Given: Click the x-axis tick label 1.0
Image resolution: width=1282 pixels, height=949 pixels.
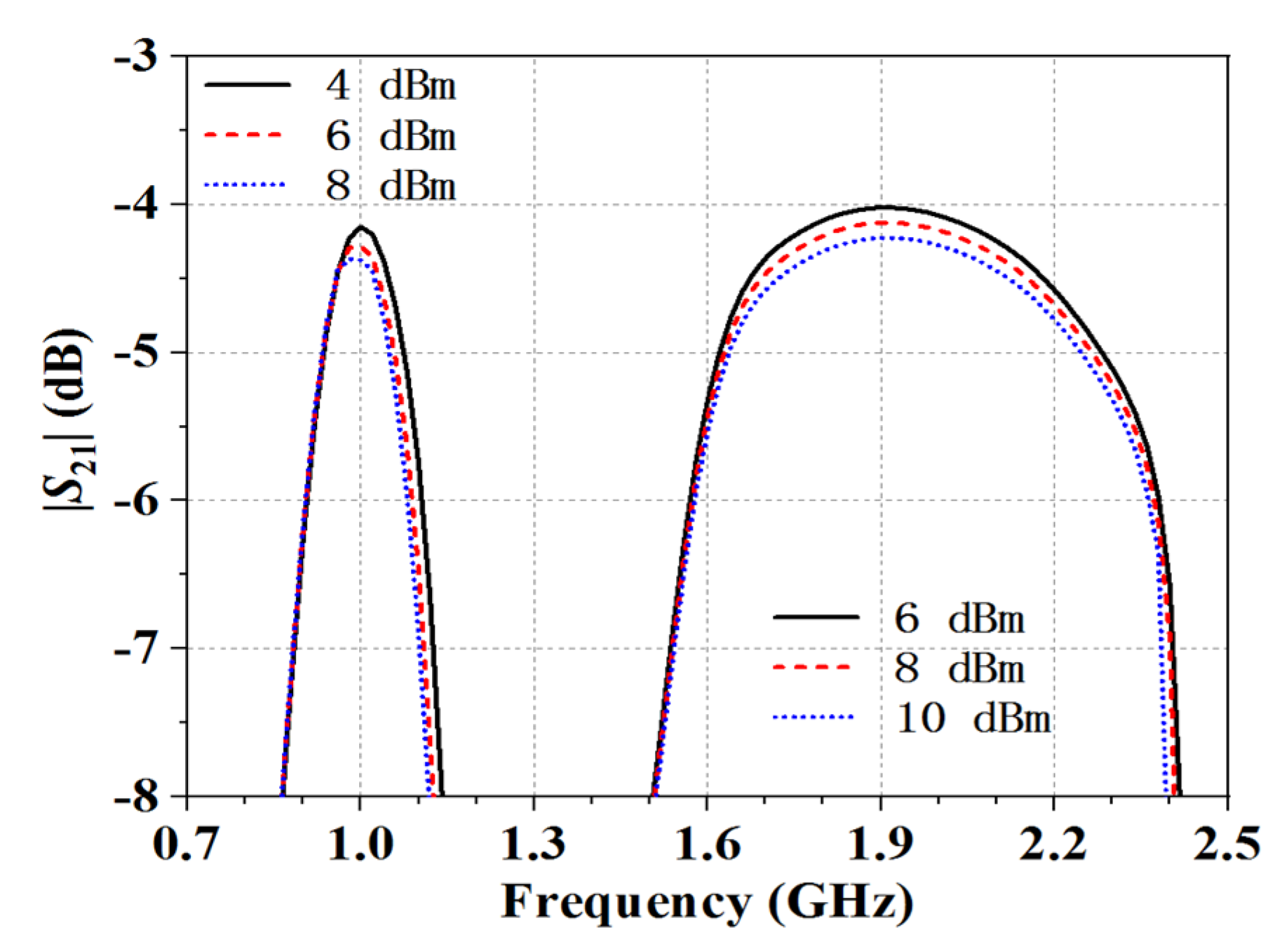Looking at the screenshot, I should [x=360, y=843].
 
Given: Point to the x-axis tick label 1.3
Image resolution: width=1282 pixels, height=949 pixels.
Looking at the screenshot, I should [x=533, y=843].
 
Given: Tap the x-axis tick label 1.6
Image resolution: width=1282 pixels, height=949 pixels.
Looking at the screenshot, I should [x=707, y=843].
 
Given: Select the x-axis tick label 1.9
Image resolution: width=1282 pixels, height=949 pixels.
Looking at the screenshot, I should [x=881, y=843].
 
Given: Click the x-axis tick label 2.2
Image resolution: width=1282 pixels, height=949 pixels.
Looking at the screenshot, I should [x=1053, y=843].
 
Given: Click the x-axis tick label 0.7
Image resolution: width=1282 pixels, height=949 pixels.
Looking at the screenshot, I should [x=185, y=843].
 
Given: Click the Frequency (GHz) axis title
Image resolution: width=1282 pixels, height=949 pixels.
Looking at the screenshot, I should [x=707, y=903].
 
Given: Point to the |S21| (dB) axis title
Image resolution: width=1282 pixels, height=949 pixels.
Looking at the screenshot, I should [x=68, y=421].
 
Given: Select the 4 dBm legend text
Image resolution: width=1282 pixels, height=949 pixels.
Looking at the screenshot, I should [x=390, y=86].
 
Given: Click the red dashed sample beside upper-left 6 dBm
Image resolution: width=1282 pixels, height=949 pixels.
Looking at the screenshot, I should [x=244, y=135].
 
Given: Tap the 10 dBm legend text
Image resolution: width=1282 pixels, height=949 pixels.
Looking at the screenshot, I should [x=973, y=718].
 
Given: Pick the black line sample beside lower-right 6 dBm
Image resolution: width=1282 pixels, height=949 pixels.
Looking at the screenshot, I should [x=815, y=617].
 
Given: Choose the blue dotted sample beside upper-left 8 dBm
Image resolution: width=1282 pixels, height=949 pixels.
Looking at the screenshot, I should [x=244, y=184].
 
